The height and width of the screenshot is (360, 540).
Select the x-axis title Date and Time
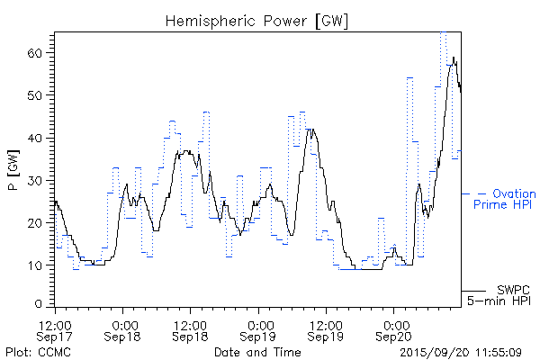pyautogui.click(x=257, y=351)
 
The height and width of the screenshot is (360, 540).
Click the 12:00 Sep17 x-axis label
pyautogui.click(x=56, y=329)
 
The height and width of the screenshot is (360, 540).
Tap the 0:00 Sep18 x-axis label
pyautogui.click(x=123, y=329)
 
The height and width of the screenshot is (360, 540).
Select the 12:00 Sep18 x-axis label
pyautogui.click(x=191, y=329)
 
